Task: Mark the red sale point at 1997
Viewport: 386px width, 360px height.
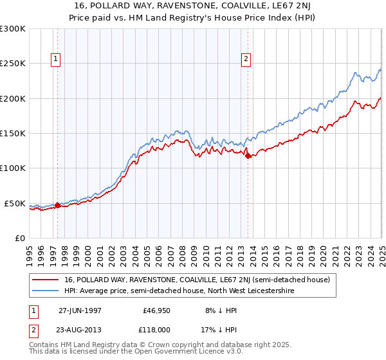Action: click(x=57, y=205)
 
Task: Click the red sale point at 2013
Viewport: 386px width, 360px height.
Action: click(x=248, y=156)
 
